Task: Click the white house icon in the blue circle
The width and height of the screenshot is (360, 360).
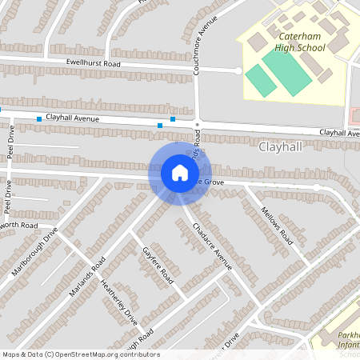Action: tap(180, 173)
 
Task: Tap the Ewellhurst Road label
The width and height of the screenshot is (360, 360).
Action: tap(93, 63)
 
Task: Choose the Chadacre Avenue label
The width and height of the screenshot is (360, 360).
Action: tap(212, 245)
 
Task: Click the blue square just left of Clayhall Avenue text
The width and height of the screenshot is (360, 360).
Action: tap(38, 119)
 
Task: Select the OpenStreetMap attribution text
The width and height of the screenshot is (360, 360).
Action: tap(81, 354)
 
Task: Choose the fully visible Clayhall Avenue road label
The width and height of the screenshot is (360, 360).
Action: tap(72, 118)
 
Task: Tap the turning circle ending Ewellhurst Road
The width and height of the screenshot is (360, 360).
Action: tap(238, 70)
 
